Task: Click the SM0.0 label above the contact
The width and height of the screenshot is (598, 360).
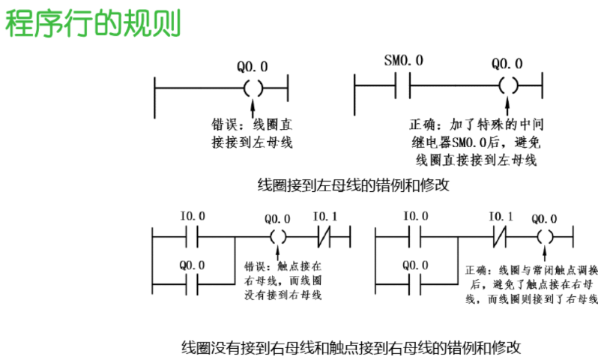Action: coord(403,60)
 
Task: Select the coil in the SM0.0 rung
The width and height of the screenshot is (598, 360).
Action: coord(507,86)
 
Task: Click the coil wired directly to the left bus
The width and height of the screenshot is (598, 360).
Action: coord(253,87)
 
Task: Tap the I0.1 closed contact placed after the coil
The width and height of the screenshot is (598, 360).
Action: coord(324,238)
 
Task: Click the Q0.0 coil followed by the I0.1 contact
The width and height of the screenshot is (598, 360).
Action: coord(277,238)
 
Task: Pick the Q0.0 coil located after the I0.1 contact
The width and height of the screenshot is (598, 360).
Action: coord(545,238)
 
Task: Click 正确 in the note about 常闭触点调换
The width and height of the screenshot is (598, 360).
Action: coord(477,268)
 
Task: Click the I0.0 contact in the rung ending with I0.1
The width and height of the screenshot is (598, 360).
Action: coord(193,238)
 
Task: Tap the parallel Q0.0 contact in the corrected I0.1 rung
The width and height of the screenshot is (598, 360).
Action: coord(414,285)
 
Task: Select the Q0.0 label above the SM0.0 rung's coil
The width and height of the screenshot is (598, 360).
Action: coord(507,64)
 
